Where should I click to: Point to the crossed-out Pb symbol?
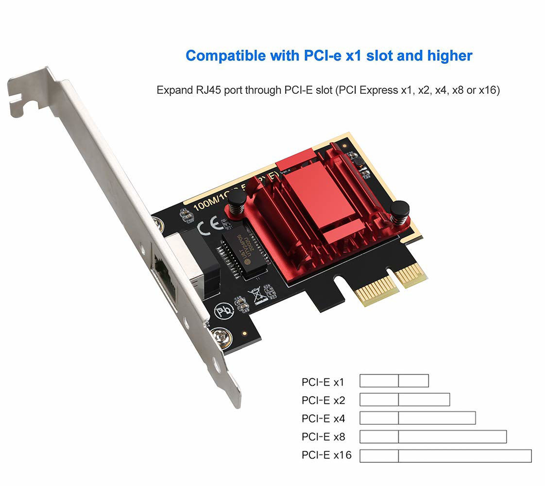(x=224, y=310)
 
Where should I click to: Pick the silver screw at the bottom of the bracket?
(x=223, y=338)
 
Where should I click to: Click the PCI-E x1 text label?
(x=323, y=382)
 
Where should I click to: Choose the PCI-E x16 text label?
(x=326, y=455)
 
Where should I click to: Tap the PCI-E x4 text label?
(x=323, y=418)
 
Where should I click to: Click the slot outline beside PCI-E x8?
(x=433, y=436)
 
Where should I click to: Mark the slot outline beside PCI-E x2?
(x=405, y=399)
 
